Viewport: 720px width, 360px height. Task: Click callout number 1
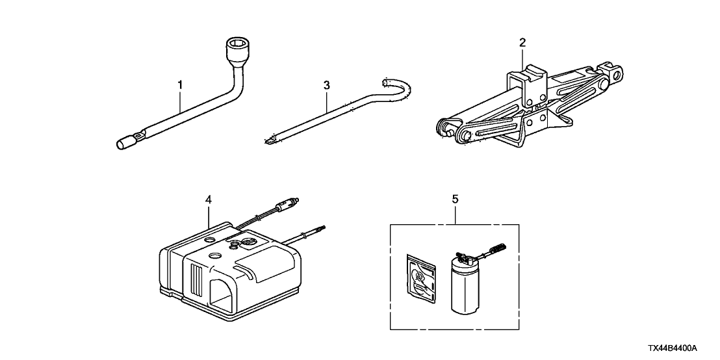[x=181, y=84]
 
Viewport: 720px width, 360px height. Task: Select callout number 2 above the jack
[x=522, y=43]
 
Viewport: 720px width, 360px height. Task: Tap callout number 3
[x=327, y=84]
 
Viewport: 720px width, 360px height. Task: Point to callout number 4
[x=208, y=201]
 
